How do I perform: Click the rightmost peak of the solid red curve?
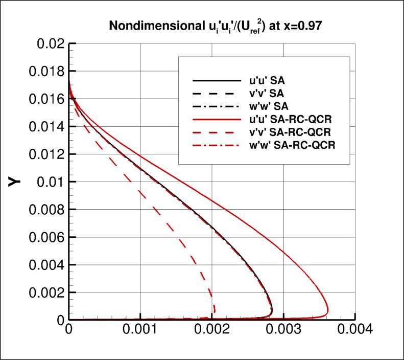click(x=328, y=311)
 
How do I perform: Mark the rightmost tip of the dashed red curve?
click(x=215, y=308)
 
